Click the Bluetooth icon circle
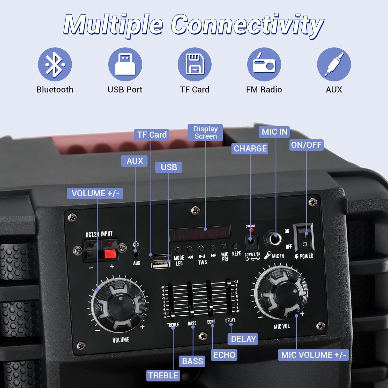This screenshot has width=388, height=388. point(55,64)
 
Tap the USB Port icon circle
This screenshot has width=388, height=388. point(125,64)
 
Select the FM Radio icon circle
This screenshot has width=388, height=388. point(264,64)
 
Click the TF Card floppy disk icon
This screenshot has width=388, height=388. point(195,64)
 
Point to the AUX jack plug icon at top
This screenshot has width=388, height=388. point(334,64)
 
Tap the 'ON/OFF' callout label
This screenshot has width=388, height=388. point(306,145)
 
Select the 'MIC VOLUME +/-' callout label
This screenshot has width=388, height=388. point(314,355)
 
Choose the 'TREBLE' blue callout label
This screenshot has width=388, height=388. point(163,375)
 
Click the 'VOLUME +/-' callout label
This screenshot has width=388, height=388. point(95,193)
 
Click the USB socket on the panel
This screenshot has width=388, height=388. point(160,264)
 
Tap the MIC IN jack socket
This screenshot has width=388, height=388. point(274,238)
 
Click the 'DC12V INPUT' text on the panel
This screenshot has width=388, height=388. point(99,234)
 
